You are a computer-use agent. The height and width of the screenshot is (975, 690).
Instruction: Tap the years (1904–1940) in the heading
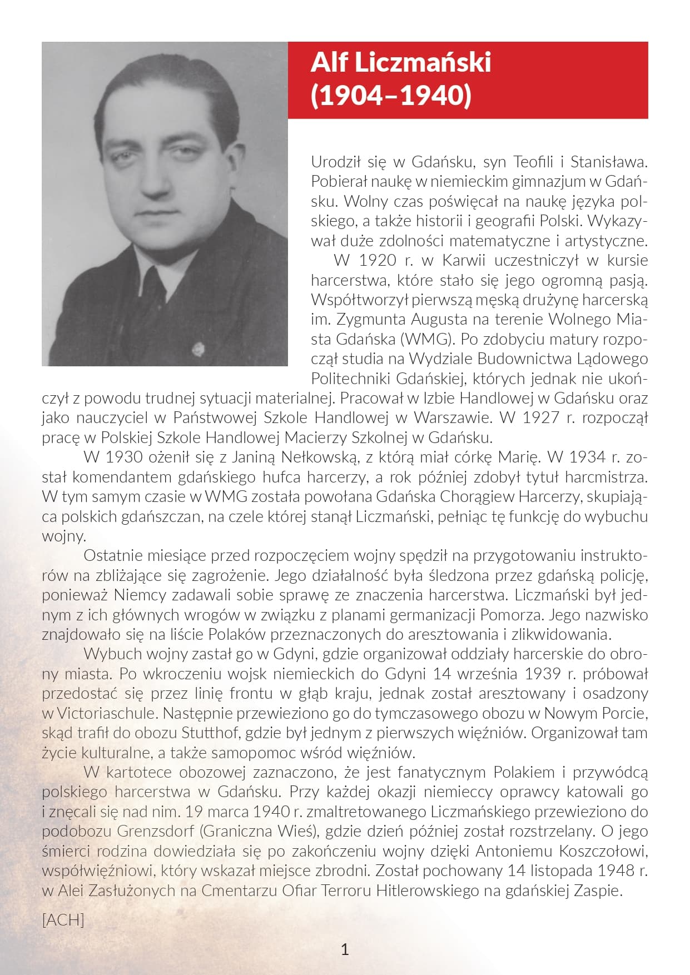coord(391,95)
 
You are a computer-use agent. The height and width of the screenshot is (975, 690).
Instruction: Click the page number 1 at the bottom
coord(345,949)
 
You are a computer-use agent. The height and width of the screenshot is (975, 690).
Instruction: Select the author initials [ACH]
coord(63,920)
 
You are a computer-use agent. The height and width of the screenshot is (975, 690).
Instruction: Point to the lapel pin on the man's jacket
coord(197,349)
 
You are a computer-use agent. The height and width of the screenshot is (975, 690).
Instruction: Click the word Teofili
coord(534,162)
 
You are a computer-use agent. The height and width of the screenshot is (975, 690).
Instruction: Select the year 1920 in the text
coord(378,260)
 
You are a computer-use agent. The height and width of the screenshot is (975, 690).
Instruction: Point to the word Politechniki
coord(351,379)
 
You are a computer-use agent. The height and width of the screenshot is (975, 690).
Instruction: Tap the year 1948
coord(614,870)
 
